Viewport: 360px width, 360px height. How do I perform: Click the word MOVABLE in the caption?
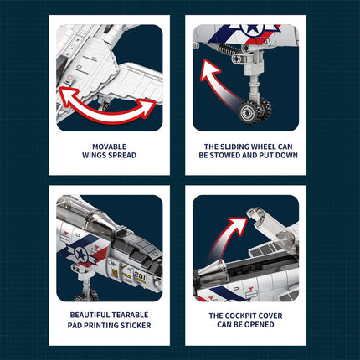pyautogui.click(x=109, y=147)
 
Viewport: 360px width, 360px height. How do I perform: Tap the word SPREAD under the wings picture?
pyautogui.click(x=123, y=155)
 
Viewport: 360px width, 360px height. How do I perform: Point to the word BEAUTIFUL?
pyautogui.click(x=87, y=315)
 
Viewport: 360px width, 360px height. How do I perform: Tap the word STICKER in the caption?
pyautogui.click(x=136, y=325)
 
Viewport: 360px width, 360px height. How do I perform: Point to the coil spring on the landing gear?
pyautogui.click(x=229, y=50)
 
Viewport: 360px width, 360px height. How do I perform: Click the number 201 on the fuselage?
pyautogui.click(x=140, y=275)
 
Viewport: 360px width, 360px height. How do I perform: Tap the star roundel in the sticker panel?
pyautogui.click(x=81, y=254)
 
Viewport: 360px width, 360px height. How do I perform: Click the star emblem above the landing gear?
pyautogui.click(x=253, y=29)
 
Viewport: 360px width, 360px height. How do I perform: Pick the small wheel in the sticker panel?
pyautogui.click(x=86, y=296)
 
